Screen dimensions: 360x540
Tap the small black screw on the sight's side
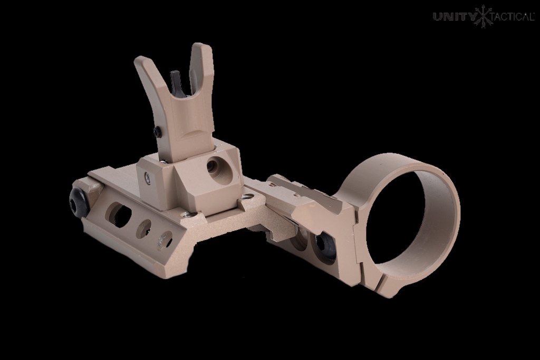pyautogui.click(x=158, y=132)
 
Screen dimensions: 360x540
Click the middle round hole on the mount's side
pyautogui.click(x=143, y=228)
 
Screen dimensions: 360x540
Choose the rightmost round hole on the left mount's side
pyautogui.click(x=165, y=240)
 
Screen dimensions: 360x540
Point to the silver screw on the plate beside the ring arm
pyautogui.click(x=246, y=196)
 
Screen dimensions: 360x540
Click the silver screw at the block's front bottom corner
pyautogui.click(x=186, y=215)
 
